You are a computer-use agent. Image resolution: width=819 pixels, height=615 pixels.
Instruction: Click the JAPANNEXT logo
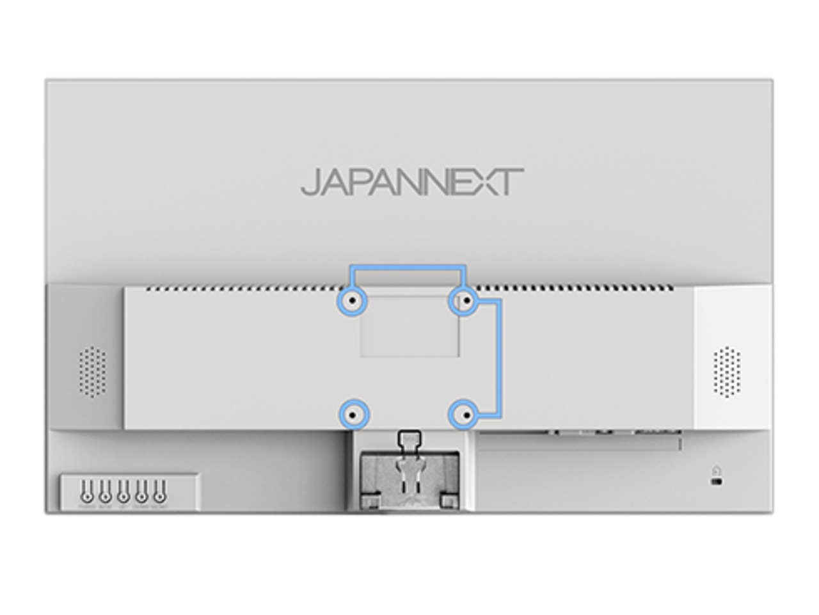pos(412,182)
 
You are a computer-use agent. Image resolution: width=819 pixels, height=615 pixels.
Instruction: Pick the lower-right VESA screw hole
pos(467,415)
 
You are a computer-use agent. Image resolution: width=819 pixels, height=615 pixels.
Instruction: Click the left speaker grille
pos(93,371)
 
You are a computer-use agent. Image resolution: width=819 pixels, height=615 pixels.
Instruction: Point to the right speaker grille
pos(726,371)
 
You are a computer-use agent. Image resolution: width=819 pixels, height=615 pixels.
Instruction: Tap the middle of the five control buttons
pos(123,495)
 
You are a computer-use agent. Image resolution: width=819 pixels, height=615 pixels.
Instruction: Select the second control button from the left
pos(105,495)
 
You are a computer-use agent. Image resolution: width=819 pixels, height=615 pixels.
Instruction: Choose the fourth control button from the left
pos(141,495)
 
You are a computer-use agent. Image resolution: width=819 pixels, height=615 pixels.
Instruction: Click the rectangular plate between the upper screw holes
pos(409,326)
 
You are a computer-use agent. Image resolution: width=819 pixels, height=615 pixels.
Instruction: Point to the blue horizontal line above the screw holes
pos(408,267)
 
